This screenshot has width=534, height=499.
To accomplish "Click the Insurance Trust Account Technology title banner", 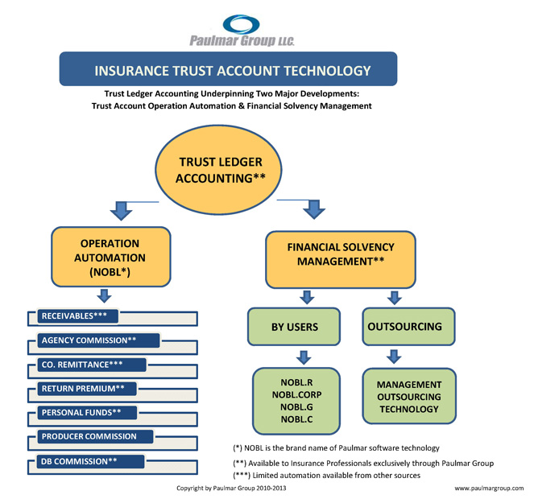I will click(x=228, y=69).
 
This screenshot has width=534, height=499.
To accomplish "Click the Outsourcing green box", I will click(x=404, y=327).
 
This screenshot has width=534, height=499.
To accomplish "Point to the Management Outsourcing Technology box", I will click(x=409, y=396).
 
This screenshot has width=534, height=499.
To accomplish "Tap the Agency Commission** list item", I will click(x=89, y=340).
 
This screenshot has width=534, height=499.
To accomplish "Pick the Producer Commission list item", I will click(x=89, y=437).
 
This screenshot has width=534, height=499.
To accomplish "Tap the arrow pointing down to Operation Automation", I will click(x=121, y=211).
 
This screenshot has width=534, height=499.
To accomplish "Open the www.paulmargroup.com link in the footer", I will click(x=488, y=488).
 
